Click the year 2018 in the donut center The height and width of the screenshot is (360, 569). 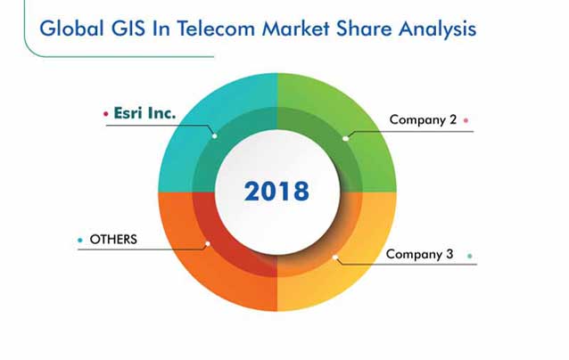pos(276,191)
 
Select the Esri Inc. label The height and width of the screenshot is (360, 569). pos(144,113)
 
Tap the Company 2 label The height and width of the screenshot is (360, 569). pos(423,120)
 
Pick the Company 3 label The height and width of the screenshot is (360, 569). pos(419,254)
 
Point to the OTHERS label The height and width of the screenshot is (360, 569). pos(113,240)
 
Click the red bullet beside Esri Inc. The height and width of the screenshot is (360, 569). pos(105,114)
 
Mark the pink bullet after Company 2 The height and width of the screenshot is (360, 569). pos(466,120)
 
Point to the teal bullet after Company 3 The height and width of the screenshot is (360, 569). pos(470,256)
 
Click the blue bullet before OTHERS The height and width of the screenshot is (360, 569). pos(80,240)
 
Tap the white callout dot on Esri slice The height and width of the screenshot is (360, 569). pos(214,136)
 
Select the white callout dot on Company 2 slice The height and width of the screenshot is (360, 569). pos(345,138)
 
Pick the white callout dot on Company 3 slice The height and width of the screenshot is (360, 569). pos(335,258)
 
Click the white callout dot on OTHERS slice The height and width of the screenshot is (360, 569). pos(208,243)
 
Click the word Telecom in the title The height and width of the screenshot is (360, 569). pos(216,29)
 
